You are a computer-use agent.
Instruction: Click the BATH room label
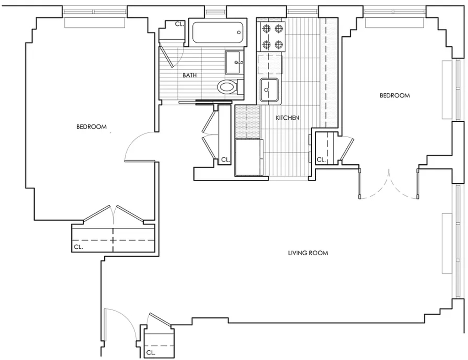(190, 75)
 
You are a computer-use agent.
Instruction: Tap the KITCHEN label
(287, 118)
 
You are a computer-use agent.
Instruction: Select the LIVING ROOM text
(308, 253)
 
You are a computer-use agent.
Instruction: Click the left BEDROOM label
(91, 127)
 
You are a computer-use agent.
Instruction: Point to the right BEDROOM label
(394, 96)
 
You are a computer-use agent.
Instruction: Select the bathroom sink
(234, 62)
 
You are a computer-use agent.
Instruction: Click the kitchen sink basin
(269, 90)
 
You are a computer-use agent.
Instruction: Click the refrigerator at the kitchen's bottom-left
(249, 157)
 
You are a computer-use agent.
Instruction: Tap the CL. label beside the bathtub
(179, 24)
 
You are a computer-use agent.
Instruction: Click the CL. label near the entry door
(151, 353)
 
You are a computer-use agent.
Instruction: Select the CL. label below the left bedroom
(79, 247)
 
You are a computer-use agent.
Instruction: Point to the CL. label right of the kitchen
(321, 160)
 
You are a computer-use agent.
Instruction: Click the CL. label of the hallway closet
(226, 160)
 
